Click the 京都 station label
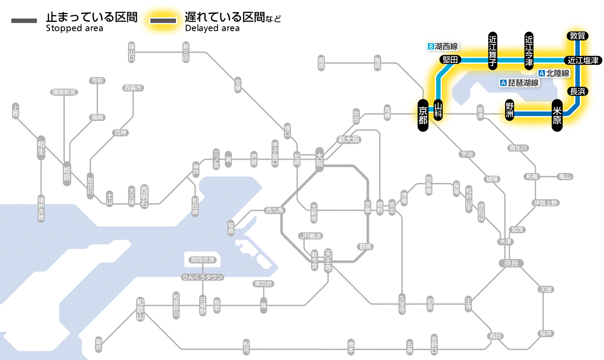(x=423, y=114)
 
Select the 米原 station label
(x=557, y=114)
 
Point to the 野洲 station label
(x=510, y=110)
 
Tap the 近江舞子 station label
(x=492, y=50)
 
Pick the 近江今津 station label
(x=529, y=50)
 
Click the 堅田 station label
(x=450, y=60)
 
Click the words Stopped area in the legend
(x=74, y=28)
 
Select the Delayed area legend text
(x=212, y=28)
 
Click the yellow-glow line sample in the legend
(x=163, y=21)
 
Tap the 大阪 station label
(x=319, y=159)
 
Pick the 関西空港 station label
(x=202, y=260)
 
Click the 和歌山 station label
(x=140, y=309)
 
